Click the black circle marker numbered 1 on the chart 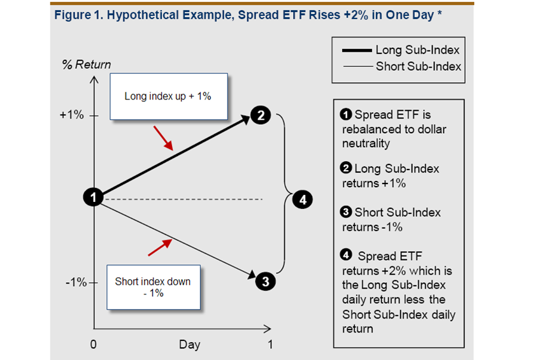94,198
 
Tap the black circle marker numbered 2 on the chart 261,115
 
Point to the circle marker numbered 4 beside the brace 303,199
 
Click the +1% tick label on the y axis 71,116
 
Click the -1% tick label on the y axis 75,282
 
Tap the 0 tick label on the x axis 93,345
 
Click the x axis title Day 189,345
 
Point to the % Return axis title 86,64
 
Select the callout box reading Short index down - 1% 152,287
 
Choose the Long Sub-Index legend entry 398,50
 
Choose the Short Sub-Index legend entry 398,66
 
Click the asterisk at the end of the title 440,13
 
